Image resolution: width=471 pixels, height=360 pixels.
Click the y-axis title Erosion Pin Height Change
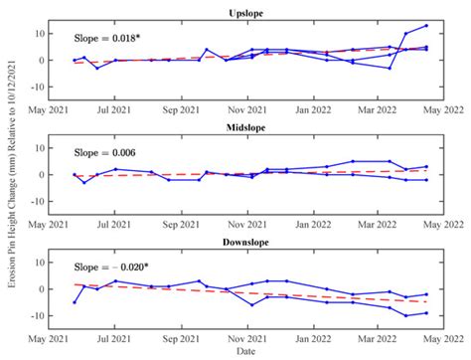click(12, 179)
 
